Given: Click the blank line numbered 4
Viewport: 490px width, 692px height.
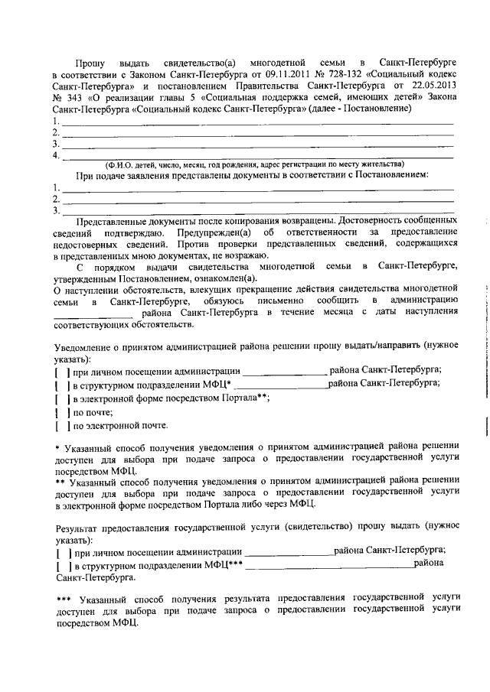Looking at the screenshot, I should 256,155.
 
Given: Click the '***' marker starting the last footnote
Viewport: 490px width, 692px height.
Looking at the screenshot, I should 64,599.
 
